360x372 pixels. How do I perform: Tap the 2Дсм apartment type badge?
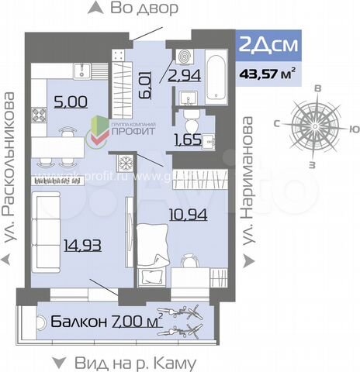(266, 46)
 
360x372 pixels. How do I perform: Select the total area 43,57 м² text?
(266, 73)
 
